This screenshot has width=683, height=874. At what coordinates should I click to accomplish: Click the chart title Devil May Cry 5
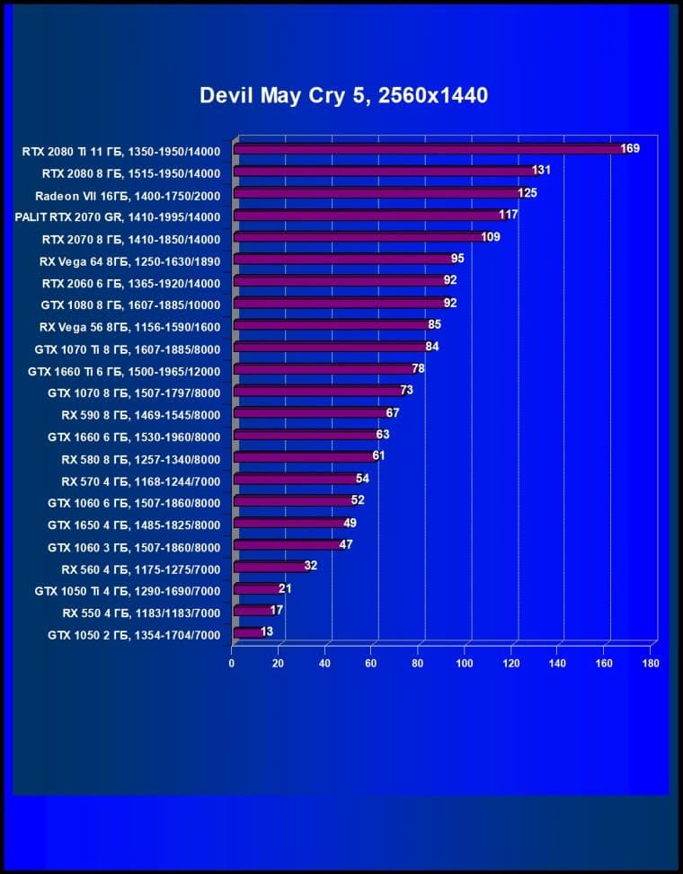(344, 95)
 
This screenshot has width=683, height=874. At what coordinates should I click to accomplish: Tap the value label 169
(629, 148)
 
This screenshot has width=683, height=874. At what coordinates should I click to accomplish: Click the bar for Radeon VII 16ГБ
(377, 193)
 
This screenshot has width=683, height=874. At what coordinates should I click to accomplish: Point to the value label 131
(541, 171)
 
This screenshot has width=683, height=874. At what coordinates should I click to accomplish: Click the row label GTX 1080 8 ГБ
(131, 305)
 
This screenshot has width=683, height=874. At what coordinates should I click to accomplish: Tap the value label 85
(434, 324)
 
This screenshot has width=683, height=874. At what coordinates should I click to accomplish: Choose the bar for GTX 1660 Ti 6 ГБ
(323, 369)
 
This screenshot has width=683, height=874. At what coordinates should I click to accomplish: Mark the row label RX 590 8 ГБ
(140, 414)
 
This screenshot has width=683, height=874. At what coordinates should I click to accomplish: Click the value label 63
(383, 435)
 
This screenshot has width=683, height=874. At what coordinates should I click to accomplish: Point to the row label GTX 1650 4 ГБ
(134, 524)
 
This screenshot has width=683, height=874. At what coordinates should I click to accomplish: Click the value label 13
(268, 631)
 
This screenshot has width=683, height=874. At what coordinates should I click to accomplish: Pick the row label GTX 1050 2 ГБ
(134, 635)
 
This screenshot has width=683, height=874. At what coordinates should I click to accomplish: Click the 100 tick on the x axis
(465, 664)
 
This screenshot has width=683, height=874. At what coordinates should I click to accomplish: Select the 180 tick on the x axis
(651, 664)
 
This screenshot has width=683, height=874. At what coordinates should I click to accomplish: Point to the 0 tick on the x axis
(232, 664)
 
